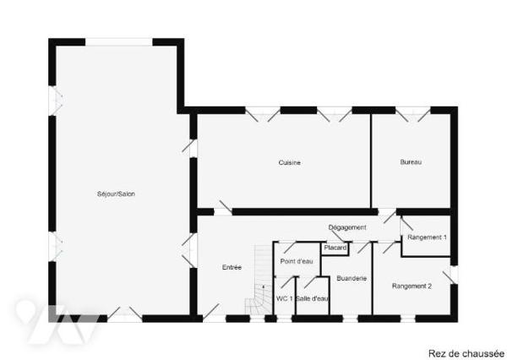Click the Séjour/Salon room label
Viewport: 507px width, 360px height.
[116, 194]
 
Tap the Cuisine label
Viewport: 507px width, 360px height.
[290, 163]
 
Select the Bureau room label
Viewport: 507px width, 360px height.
[411, 162]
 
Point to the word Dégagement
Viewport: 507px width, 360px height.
[347, 227]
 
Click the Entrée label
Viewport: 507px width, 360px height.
[232, 268]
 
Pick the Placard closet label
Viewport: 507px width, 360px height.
[335, 248]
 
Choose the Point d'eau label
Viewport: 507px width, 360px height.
[297, 261]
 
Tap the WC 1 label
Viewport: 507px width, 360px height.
[284, 298]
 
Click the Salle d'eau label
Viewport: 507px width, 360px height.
[313, 298]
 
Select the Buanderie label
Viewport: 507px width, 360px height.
[352, 278]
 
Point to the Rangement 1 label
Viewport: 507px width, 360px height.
[427, 237]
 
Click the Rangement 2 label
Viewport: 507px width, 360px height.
[412, 286]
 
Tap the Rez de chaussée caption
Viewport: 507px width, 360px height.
[466, 353]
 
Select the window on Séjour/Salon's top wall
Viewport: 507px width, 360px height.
[118, 42]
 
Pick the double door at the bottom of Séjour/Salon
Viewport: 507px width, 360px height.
[124, 314]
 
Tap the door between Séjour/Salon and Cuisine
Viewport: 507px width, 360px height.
[190, 147]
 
